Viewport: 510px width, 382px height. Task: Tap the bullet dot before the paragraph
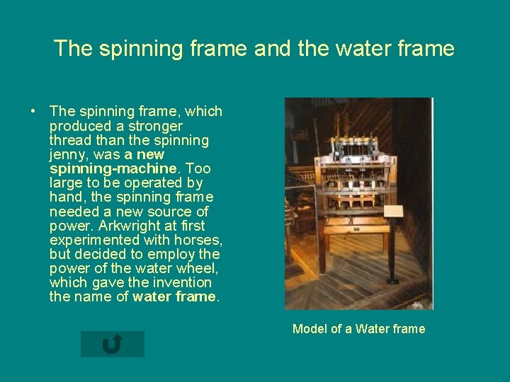[x=33, y=112]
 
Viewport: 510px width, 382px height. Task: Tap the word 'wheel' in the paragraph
[x=199, y=268]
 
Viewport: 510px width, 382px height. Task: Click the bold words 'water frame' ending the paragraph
[x=174, y=297]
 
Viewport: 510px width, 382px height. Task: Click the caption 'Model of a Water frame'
[x=358, y=328]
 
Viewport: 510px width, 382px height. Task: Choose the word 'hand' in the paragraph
[x=64, y=197]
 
